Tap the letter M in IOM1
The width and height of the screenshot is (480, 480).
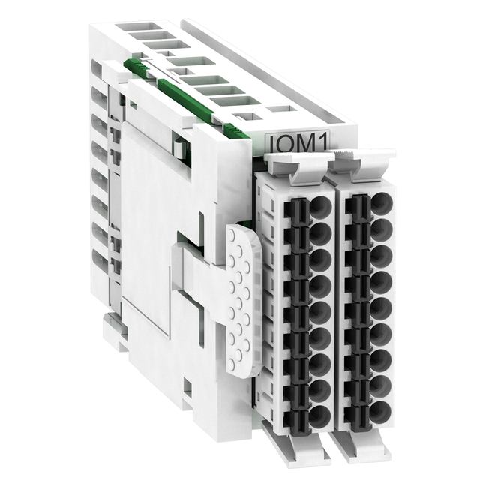[306, 143]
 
